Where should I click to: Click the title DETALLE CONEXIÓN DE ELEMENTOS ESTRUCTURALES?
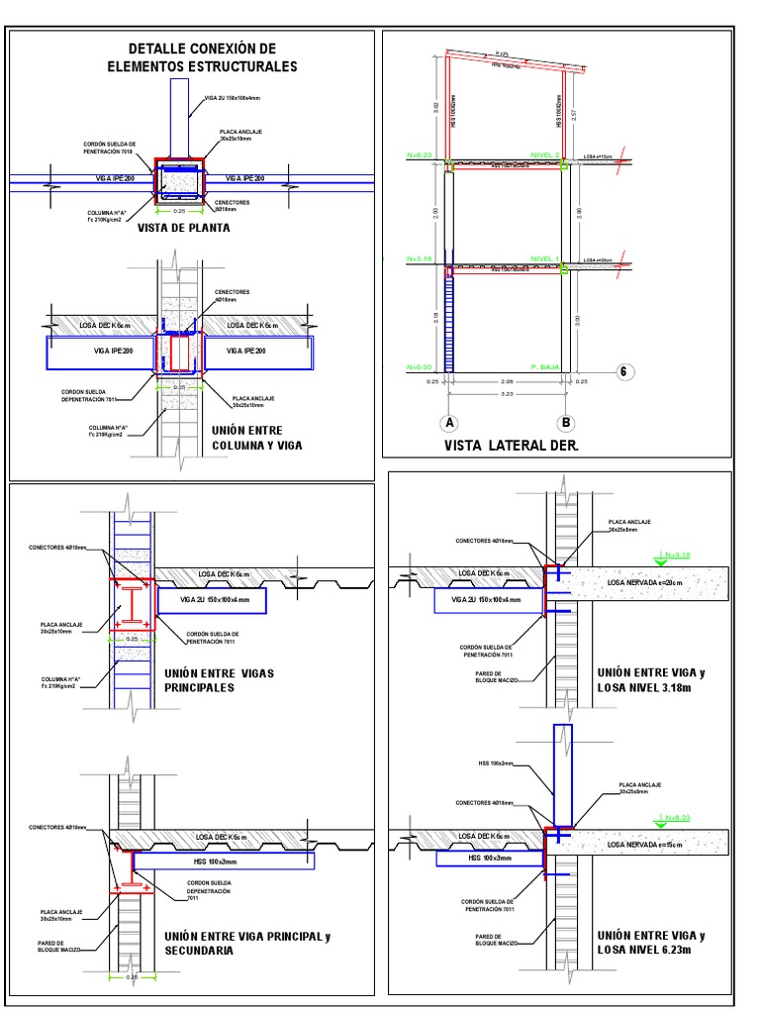tap(202, 57)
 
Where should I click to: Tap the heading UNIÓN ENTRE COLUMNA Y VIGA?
tap(256, 438)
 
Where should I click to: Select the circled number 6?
tap(623, 371)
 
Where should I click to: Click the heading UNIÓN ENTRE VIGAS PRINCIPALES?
tap(220, 679)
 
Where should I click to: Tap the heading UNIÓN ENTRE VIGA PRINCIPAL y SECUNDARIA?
tap(241, 942)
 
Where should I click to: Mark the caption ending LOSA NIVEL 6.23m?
tap(651, 942)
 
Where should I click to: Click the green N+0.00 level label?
tap(420, 366)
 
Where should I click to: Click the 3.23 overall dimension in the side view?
tap(507, 394)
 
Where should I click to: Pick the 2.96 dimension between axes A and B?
tap(507, 381)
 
